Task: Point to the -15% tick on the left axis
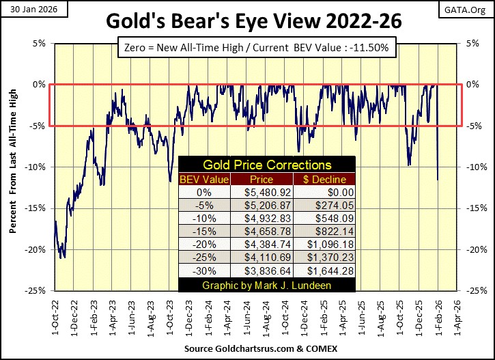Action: pyautogui.click(x=37, y=208)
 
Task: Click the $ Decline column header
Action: pyautogui.click(x=325, y=179)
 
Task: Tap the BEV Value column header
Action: pyautogui.click(x=204, y=179)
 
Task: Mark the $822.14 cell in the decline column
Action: pyautogui.click(x=325, y=232)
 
